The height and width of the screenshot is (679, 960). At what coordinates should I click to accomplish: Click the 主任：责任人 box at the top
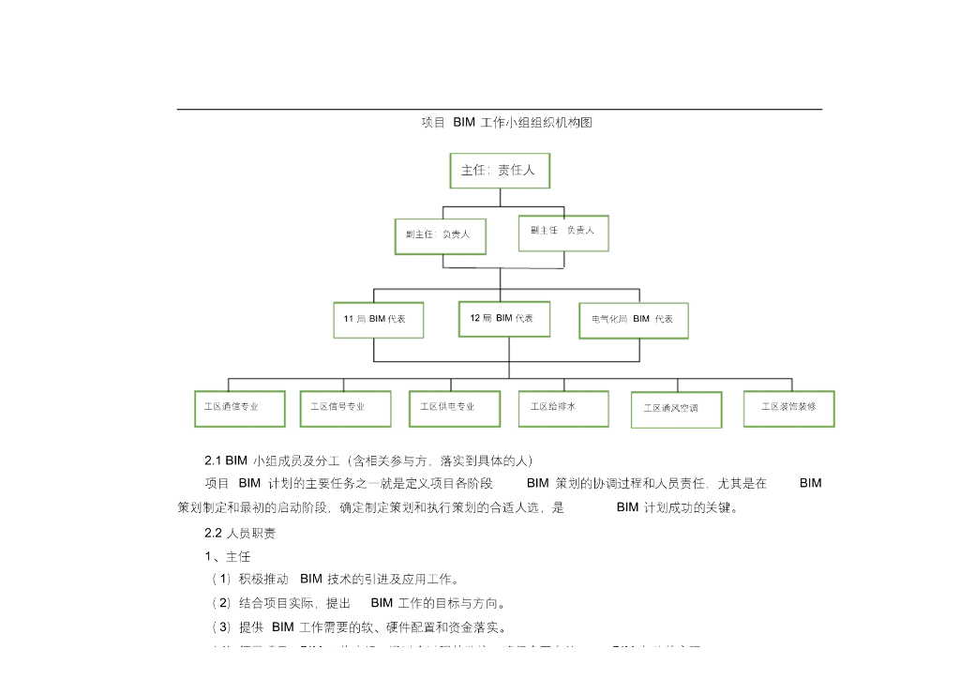click(500, 171)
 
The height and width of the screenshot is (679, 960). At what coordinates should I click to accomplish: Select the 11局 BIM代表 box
click(379, 320)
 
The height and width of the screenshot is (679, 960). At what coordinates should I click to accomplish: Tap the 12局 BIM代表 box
click(504, 319)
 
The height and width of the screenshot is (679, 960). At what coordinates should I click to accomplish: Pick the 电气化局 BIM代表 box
click(634, 320)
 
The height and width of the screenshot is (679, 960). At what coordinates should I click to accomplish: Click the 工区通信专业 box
click(239, 408)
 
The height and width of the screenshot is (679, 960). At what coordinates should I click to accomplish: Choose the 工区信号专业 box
click(345, 408)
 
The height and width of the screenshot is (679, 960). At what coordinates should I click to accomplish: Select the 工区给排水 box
click(562, 408)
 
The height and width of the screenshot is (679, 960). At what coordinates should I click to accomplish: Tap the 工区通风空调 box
click(676, 409)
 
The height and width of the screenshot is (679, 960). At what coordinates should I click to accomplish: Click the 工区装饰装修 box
click(788, 408)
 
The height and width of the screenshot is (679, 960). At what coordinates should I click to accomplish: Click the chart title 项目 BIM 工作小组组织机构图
click(507, 123)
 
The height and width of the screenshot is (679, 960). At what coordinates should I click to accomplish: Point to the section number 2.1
click(213, 460)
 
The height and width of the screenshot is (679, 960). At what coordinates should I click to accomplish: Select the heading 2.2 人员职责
click(240, 533)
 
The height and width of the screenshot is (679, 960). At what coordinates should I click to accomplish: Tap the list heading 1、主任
click(223, 556)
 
